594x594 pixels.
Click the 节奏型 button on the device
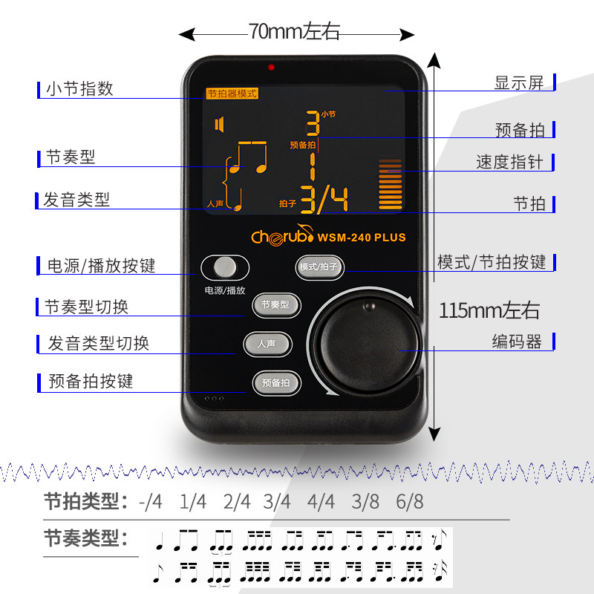click(x=275, y=304)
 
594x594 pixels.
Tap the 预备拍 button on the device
click(x=275, y=382)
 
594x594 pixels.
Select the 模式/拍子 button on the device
click(x=322, y=267)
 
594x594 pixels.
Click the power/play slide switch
click(x=224, y=267)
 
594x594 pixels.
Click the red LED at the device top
click(x=272, y=68)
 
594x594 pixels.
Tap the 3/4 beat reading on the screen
click(x=324, y=199)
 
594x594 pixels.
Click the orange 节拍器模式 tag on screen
click(x=232, y=94)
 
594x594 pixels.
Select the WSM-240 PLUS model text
click(x=362, y=238)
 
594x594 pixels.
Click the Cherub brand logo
click(x=281, y=237)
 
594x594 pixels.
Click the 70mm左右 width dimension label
click(x=294, y=31)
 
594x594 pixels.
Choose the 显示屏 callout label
click(x=519, y=82)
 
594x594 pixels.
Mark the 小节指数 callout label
click(x=79, y=88)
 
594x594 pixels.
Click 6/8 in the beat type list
click(x=409, y=502)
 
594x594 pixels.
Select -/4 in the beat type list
click(x=150, y=502)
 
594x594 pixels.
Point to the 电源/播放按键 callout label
click(x=102, y=266)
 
